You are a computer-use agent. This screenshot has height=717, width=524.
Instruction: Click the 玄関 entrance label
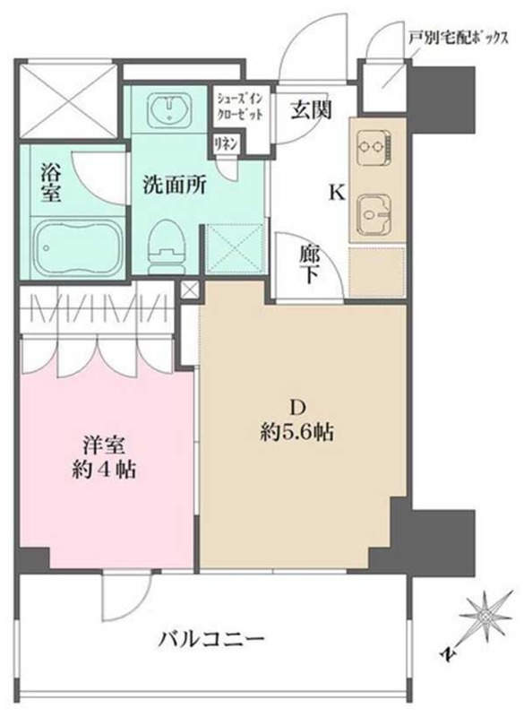click(311, 109)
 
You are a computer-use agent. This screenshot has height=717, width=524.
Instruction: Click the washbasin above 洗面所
click(170, 108)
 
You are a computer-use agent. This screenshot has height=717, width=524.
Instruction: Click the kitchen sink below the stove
click(374, 213)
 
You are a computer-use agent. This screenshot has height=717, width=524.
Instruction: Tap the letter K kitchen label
click(337, 194)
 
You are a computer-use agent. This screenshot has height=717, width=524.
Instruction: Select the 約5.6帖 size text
click(296, 431)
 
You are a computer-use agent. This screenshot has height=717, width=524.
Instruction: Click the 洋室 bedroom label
click(104, 445)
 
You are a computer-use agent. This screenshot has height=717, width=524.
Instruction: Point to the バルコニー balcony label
click(211, 638)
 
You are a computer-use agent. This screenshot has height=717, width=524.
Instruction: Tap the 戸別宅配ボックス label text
click(458, 39)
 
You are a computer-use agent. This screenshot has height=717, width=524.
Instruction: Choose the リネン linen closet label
click(225, 144)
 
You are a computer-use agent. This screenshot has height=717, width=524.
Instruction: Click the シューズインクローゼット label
click(239, 106)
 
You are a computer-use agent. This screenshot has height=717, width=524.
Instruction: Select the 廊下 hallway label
click(311, 264)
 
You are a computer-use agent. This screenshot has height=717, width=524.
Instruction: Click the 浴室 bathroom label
click(50, 183)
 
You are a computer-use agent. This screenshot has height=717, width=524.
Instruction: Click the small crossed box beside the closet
click(190, 289)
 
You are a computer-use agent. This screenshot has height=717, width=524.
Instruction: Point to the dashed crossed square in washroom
click(236, 248)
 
